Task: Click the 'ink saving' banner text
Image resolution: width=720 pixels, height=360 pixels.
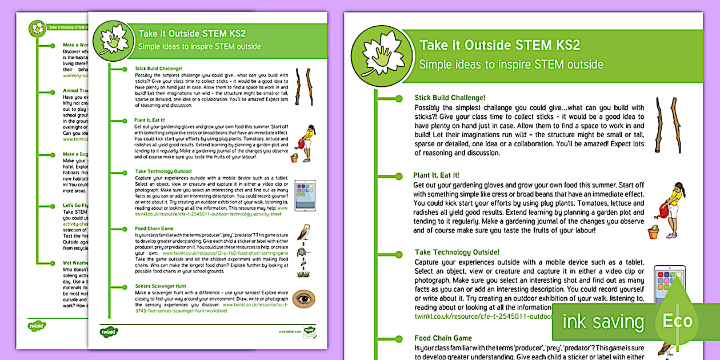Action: click(x=602, y=322)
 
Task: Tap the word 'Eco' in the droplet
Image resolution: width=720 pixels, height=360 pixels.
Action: click(x=677, y=321)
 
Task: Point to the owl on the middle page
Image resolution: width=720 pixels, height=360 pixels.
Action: click(x=303, y=232)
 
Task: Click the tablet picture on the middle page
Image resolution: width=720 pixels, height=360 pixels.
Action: click(x=304, y=195)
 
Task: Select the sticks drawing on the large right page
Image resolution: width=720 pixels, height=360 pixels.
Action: click(x=667, y=125)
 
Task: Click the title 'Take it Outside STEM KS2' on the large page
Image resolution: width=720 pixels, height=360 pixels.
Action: click(x=499, y=45)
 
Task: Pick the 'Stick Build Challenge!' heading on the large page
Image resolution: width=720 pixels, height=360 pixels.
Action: click(x=450, y=98)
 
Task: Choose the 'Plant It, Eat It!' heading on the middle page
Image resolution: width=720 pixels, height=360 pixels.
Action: click(x=150, y=120)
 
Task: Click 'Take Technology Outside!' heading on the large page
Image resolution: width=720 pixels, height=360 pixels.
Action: click(x=457, y=252)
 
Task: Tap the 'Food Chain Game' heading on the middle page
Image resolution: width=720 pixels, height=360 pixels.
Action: click(x=154, y=229)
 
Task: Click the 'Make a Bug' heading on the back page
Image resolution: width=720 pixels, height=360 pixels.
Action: click(x=76, y=154)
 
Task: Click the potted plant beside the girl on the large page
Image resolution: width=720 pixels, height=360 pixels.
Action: click(x=653, y=231)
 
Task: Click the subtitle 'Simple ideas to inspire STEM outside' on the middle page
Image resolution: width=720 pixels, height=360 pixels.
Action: click(x=199, y=46)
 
